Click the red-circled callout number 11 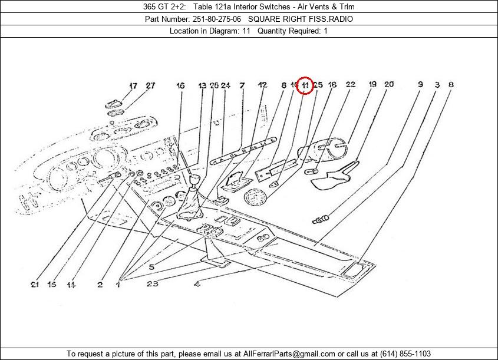click(304, 85)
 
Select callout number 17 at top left click(133, 86)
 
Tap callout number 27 click(150, 86)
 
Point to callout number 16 click(180, 86)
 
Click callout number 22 click(351, 85)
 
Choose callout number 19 click(372, 85)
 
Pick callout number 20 click(389, 85)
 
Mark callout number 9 click(420, 85)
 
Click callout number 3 click(437, 85)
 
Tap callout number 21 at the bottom click(35, 285)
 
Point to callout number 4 click(196, 285)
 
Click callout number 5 click(151, 267)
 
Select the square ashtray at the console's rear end click(355, 270)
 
